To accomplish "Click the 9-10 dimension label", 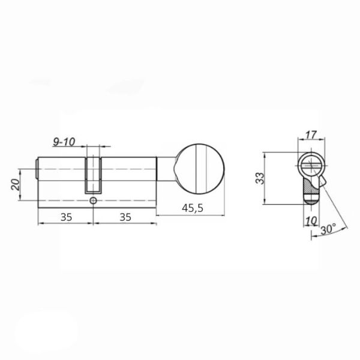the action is point(64,142).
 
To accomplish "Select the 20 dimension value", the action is point(16,185).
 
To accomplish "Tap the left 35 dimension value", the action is point(67,217).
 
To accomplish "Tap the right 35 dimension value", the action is point(125,217).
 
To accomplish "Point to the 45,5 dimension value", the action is point(193,208).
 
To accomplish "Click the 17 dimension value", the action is point(311,135).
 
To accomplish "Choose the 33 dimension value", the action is point(260,178).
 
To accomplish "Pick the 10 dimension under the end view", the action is point(311,221).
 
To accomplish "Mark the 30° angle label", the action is point(329,229).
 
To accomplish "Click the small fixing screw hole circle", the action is point(93,200).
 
